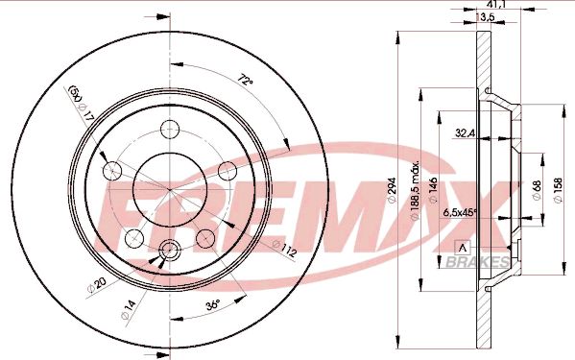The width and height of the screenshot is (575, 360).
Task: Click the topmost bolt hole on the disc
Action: coord(171,129)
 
